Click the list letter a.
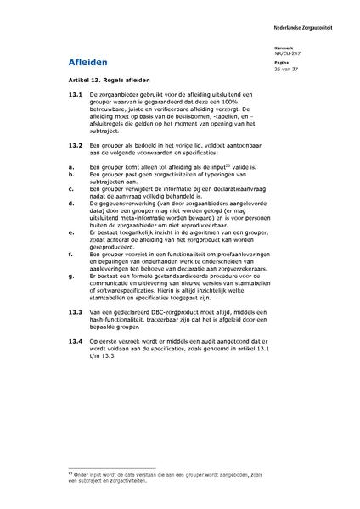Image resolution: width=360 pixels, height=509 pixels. tap(70, 168)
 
